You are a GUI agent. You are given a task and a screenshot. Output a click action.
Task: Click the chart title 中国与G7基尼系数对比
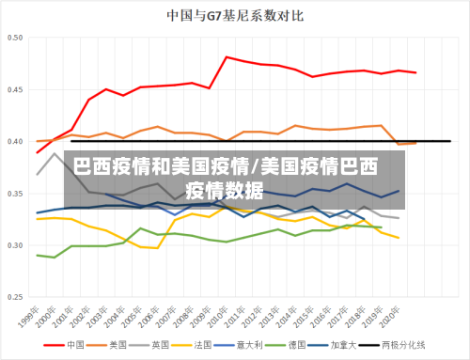coord(235,15)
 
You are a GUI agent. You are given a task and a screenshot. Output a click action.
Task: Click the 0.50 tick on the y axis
coord(15,39)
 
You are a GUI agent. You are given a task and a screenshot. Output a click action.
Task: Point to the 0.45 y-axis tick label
coord(15,90)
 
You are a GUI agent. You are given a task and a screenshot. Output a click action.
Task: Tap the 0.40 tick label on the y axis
coord(15,142)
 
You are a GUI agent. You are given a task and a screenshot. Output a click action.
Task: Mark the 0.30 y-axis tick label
coord(15,246)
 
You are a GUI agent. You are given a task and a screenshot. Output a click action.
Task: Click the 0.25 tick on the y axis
coord(15,298)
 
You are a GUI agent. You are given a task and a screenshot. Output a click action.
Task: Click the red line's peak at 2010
coord(227,57)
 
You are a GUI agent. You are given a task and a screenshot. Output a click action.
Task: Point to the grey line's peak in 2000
coord(55,153)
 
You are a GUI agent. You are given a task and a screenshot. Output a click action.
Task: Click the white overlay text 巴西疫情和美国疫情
coord(156,167)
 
